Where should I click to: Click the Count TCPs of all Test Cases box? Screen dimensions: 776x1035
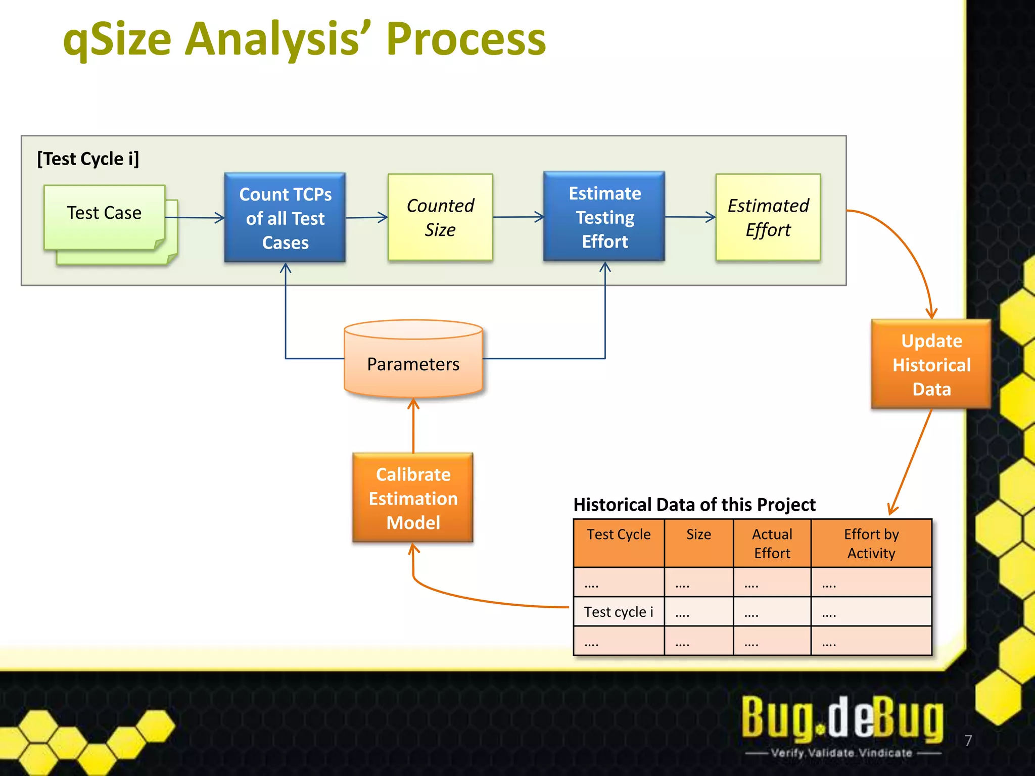285,218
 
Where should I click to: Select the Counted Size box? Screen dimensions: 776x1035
440,218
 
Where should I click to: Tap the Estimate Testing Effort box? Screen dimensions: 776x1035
604,217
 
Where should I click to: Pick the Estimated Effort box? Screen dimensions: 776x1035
768,218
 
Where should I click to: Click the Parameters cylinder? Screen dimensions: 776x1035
413,364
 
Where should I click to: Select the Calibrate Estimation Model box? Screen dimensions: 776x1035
413,498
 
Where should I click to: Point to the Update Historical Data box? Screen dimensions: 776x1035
931,365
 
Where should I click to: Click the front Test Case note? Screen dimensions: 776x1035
104,213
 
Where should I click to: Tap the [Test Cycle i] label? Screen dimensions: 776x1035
88,159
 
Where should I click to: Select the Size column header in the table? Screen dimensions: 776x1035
698,535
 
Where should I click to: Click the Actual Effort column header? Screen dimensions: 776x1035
772,544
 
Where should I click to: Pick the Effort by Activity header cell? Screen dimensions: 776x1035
871,544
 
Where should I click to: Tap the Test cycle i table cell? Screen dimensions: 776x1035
619,612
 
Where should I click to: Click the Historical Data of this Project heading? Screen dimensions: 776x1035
694,505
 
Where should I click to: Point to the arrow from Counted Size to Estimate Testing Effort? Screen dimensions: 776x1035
518,217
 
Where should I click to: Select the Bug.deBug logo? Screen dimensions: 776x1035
842,717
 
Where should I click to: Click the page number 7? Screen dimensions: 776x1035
968,741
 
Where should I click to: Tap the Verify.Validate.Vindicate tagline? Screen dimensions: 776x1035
842,753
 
